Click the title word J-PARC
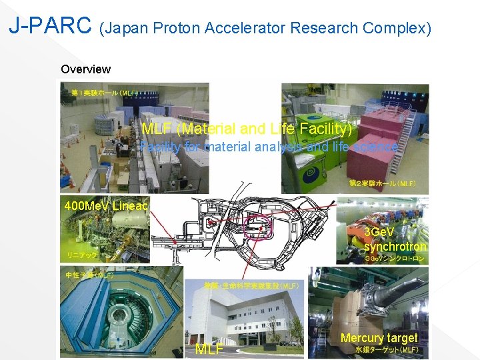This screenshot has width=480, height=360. click(x=49, y=26)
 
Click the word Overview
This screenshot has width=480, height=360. click(x=85, y=69)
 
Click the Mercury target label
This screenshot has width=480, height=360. click(x=379, y=338)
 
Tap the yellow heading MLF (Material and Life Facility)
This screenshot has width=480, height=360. click(x=247, y=128)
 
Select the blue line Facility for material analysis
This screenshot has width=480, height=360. click(x=269, y=147)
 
